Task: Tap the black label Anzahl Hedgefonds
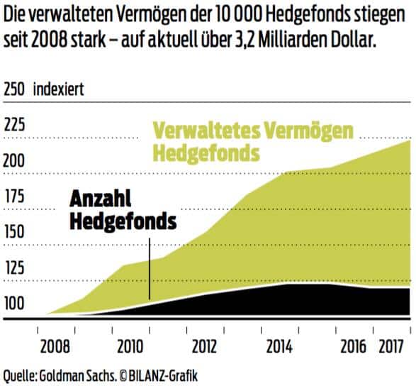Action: coord(122,210)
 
